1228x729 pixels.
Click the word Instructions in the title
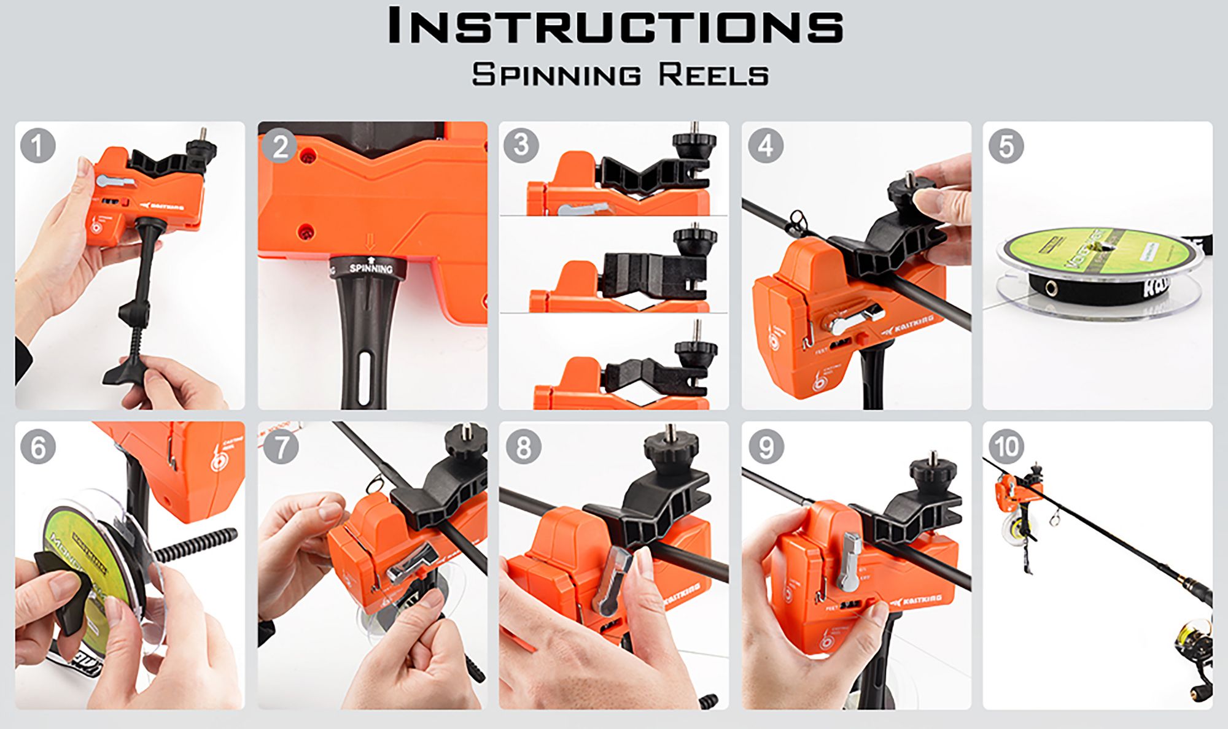pos(616,26)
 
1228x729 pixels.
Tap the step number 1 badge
pos(37,145)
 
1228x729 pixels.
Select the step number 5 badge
pos(1006,146)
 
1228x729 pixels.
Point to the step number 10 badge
pos(1006,446)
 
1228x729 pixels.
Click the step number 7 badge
pos(281,446)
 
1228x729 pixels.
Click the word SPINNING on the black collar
pos(371,268)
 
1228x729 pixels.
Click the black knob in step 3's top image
pos(694,146)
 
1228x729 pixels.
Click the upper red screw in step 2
pos(308,156)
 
